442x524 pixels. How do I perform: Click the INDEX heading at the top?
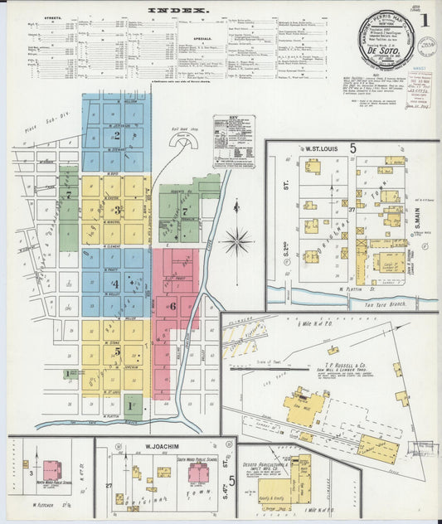click(x=177, y=11)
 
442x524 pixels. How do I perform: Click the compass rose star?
click(x=238, y=242)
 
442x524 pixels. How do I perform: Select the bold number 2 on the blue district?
click(x=118, y=135)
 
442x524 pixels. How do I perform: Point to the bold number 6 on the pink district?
click(x=172, y=306)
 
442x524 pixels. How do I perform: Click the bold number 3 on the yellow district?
click(x=118, y=210)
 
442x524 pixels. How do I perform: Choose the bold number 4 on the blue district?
click(x=116, y=284)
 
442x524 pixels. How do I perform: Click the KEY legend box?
click(x=234, y=142)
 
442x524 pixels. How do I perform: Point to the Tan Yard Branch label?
click(x=390, y=304)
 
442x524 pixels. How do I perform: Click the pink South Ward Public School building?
click(x=199, y=473)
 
